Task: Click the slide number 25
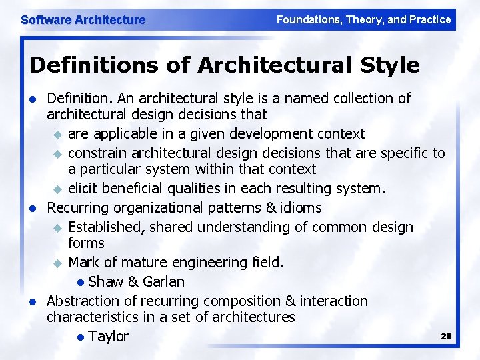coord(446,336)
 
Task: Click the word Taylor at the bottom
coord(108,336)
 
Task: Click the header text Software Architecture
coord(83,20)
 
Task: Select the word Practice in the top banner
coord(427,19)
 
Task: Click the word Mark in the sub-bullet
coord(83,262)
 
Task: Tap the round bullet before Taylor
coord(81,337)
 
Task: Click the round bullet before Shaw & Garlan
coord(81,282)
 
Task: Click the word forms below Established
coord(86,243)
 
